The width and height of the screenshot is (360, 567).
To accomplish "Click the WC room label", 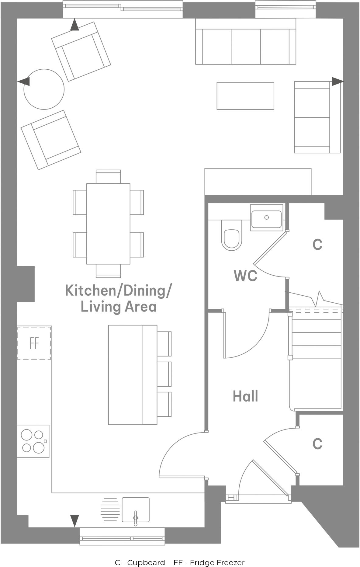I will pyautogui.click(x=245, y=276).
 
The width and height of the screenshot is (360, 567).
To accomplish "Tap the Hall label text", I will pyautogui.click(x=245, y=396).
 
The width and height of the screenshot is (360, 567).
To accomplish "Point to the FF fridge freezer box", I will pyautogui.click(x=34, y=343).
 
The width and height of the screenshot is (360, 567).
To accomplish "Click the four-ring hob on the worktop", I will pyautogui.click(x=33, y=441).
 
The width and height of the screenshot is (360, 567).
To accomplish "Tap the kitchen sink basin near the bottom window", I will pyautogui.click(x=136, y=510).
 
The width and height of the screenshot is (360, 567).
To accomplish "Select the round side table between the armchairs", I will pyautogui.click(x=44, y=89).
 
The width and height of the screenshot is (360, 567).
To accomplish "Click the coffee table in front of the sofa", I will pyautogui.click(x=245, y=96).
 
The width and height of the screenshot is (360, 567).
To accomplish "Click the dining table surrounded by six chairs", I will pyautogui.click(x=108, y=224).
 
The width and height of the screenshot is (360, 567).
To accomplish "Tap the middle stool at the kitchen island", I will pyautogui.click(x=164, y=374).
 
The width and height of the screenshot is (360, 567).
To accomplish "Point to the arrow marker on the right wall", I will pyautogui.click(x=337, y=82).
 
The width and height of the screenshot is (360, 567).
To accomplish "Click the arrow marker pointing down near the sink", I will pyautogui.click(x=74, y=520).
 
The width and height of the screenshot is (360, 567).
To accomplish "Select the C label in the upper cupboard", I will pyautogui.click(x=317, y=244).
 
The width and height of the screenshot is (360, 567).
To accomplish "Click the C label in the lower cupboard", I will pyautogui.click(x=317, y=444).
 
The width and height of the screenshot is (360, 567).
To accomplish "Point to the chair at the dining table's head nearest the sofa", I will pyautogui.click(x=108, y=176).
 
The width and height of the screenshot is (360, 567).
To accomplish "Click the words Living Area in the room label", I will pyautogui.click(x=119, y=307).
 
